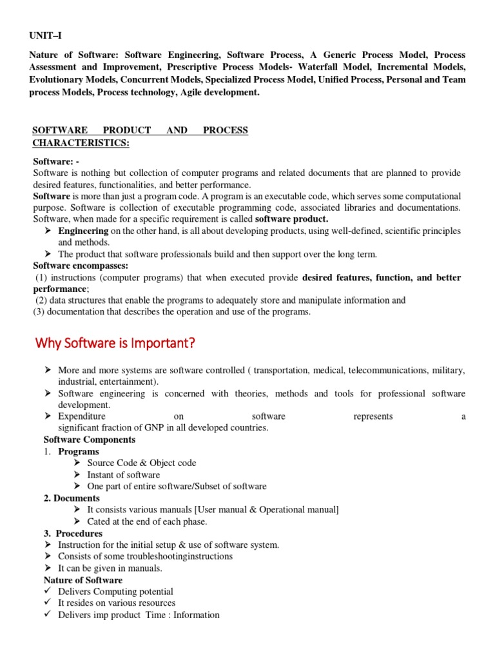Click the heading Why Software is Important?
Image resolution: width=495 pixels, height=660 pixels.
pos(113,343)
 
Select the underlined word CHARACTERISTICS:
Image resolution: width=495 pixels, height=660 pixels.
pos(81,142)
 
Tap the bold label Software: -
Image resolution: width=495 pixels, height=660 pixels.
pos(56,161)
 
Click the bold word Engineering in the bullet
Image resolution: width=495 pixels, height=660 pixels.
pos(83,231)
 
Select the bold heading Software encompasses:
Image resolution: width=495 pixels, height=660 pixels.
pos(72,266)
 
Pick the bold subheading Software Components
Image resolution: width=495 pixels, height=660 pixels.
pos(90,440)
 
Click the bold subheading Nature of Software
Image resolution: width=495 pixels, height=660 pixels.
pos(82,580)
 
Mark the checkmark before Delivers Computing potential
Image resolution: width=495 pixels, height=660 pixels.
pos(48,592)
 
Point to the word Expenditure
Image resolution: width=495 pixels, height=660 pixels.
pos(82,416)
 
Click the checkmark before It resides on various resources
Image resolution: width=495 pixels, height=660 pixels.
pos(48,603)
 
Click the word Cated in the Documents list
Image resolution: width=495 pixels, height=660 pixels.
pos(99,521)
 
